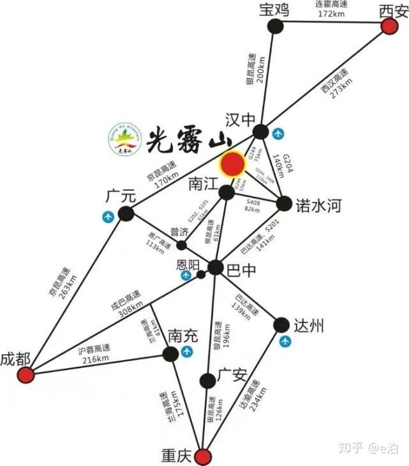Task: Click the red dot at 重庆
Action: point(202,456)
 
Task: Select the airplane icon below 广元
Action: point(108,217)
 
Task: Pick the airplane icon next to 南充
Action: point(187,353)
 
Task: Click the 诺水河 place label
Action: point(318,205)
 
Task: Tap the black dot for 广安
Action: point(207,381)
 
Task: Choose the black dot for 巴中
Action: point(216,268)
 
